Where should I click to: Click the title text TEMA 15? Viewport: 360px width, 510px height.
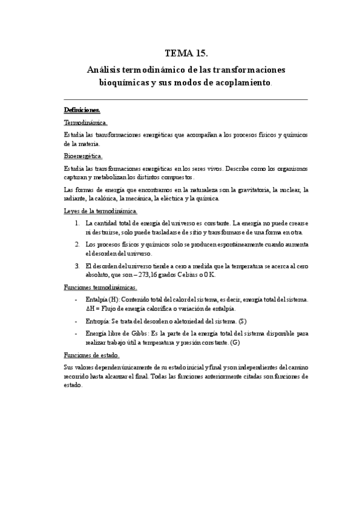[180, 54]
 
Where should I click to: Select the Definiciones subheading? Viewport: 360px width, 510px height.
[82, 110]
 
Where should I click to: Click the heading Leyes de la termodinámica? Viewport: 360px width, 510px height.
[100, 211]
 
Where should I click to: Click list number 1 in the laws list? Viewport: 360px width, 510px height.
[78, 223]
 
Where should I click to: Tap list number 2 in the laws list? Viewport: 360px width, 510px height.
[78, 245]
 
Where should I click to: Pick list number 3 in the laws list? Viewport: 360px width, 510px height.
[78, 266]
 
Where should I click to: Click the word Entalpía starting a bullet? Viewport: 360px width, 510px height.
[97, 300]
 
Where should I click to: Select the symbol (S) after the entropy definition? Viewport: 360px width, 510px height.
[242, 321]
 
